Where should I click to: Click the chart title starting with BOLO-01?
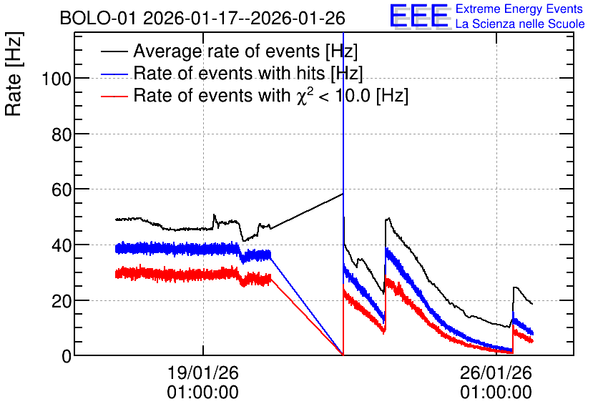coord(202,18)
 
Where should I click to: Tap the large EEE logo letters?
coord(419,16)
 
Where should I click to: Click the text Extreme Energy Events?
coord(519,9)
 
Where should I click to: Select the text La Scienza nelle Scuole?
coord(520,24)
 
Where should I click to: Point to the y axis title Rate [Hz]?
coord(14,74)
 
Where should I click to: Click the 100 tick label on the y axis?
coord(57,79)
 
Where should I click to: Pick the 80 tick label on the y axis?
coord(62,134)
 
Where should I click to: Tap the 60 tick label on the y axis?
coord(62,189)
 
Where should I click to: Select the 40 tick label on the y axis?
coord(62,245)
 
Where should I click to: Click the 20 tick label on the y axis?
coord(62,301)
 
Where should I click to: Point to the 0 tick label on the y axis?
coord(67,356)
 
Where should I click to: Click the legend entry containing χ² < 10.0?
coord(271,95)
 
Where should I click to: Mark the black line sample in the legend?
coord(114,51)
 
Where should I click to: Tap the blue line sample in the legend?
coord(114,74)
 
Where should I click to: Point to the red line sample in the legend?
coord(114,96)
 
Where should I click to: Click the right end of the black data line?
coord(532,304)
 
